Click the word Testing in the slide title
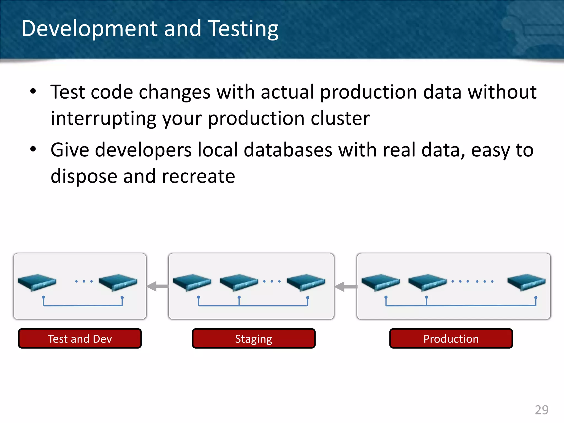click(243, 29)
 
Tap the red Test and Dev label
click(80, 338)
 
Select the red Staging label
click(254, 338)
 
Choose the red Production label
click(451, 338)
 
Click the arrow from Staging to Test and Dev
click(158, 286)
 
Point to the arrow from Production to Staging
click(346, 287)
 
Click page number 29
click(541, 410)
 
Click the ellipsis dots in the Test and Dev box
click(84, 281)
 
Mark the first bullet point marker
click(33, 91)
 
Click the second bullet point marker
click(33, 150)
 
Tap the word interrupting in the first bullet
click(104, 118)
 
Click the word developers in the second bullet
click(143, 150)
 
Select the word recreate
click(198, 176)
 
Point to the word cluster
click(340, 118)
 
